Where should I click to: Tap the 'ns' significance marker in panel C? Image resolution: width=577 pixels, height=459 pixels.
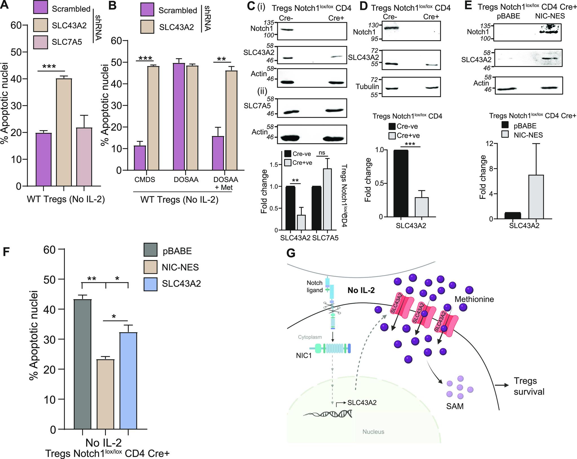pyautogui.click(x=322, y=153)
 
